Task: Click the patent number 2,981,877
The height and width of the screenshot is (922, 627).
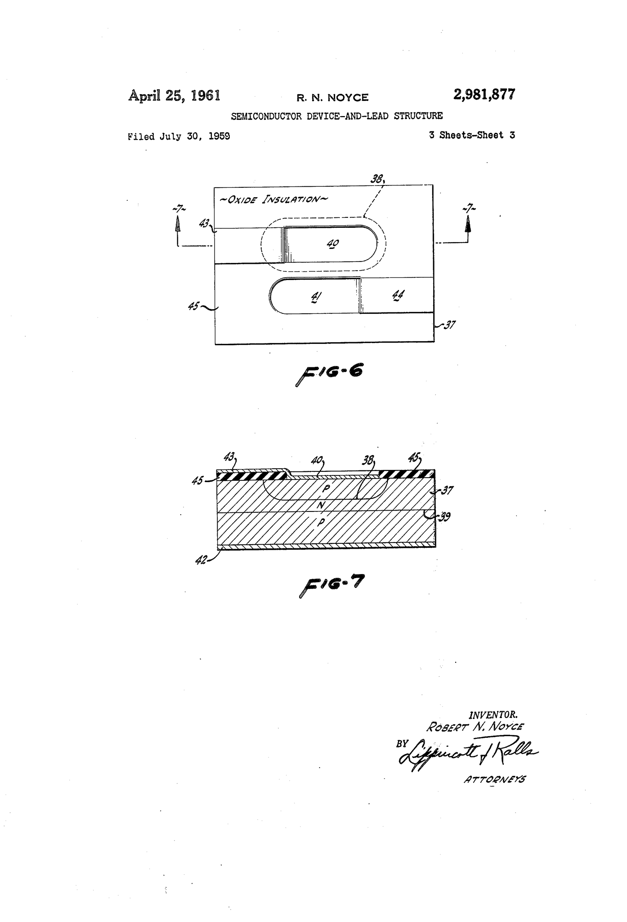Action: click(484, 95)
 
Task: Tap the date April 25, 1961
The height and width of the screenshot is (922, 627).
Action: click(174, 96)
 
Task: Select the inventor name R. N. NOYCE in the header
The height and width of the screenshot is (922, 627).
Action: click(332, 98)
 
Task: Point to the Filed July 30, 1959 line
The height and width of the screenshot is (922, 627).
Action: click(179, 136)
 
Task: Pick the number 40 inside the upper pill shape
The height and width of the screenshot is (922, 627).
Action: click(333, 244)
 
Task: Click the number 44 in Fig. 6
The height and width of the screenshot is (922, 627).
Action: click(398, 296)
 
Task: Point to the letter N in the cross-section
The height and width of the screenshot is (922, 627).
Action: click(320, 506)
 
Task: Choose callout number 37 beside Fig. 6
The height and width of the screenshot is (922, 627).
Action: click(448, 325)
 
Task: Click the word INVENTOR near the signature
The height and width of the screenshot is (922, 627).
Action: click(493, 714)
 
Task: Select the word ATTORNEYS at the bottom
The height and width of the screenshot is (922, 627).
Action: click(494, 779)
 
